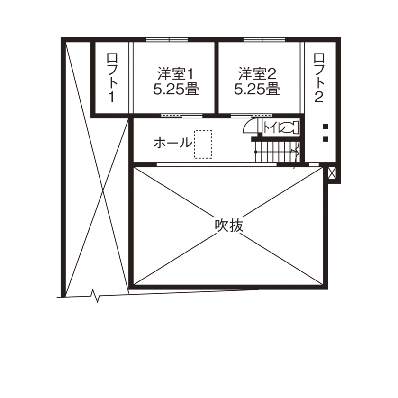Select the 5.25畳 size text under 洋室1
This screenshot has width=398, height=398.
pyautogui.click(x=176, y=90)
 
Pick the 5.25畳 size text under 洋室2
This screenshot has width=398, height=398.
pyautogui.click(x=257, y=90)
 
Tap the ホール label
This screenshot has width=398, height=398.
pyautogui.click(x=173, y=143)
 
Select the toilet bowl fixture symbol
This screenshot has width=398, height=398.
pyautogui.click(x=290, y=127)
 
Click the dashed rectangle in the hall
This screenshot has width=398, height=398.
pyautogui.click(x=202, y=145)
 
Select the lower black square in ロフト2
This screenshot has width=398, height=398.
pyautogui.click(x=326, y=139)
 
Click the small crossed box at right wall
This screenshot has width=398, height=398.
pyautogui.click(x=332, y=173)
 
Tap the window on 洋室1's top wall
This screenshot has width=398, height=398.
pyautogui.click(x=161, y=39)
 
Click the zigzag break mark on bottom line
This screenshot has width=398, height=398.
pyautogui.click(x=97, y=296)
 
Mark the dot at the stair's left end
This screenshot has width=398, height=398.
pyautogui.click(x=256, y=152)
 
